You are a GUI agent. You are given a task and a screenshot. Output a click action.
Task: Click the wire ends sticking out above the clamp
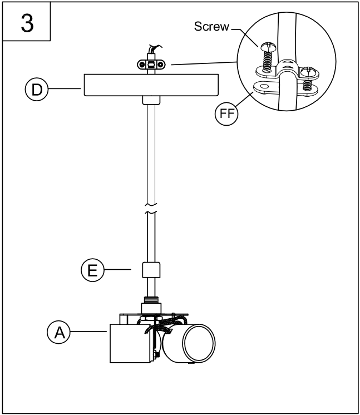(151, 50)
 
